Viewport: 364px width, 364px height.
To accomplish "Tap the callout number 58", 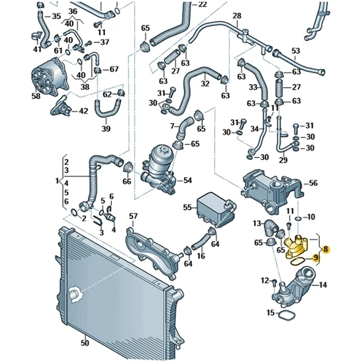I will coord(36,97).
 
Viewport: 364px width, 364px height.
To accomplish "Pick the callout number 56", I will coord(313,183).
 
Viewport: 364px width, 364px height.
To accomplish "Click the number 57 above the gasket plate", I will coord(133,216).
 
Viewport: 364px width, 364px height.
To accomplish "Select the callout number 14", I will coord(323,285).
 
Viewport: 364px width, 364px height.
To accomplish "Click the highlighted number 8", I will coord(326,250).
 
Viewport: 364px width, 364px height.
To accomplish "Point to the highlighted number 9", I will coord(316,258).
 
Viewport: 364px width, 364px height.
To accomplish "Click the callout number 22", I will coord(203,4).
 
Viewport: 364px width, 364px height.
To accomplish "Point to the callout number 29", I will coord(283,160).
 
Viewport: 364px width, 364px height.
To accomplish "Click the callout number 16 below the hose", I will coord(200,255).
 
